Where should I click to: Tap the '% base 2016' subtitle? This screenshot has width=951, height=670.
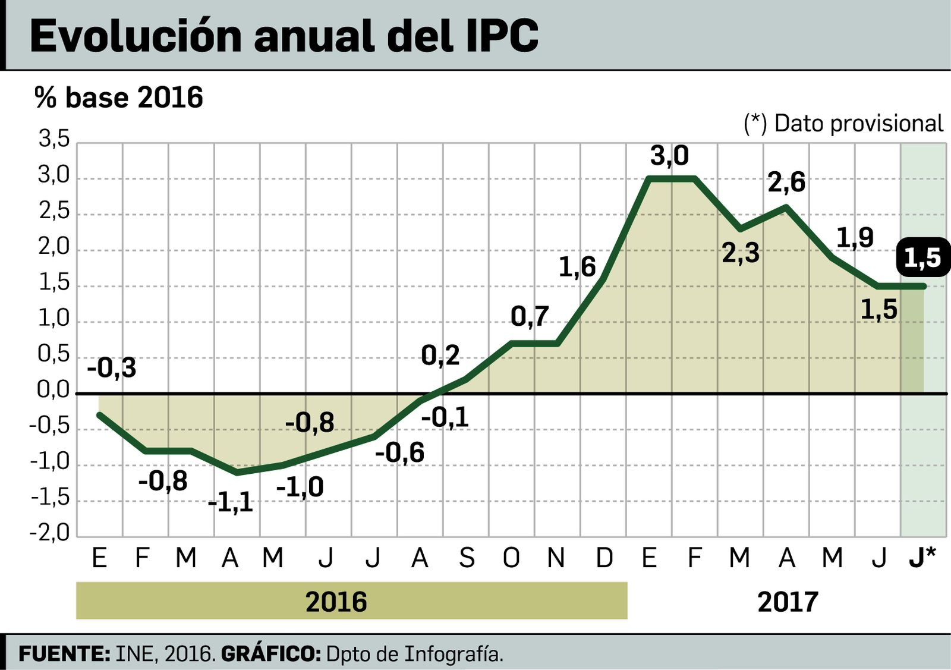tap(119, 97)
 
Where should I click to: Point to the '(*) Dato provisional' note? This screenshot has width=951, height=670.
tap(843, 124)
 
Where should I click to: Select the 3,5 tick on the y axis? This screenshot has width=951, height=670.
tap(54, 139)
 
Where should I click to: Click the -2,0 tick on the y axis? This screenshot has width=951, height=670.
tap(50, 533)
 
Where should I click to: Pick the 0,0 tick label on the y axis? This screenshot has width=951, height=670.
tap(53, 390)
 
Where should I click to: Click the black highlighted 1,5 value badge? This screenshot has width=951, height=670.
tap(922, 258)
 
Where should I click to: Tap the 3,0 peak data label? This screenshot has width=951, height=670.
tap(669, 156)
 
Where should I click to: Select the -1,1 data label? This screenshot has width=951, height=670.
tap(231, 503)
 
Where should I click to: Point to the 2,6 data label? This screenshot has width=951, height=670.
tap(786, 182)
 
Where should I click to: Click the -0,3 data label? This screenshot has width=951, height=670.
tap(112, 368)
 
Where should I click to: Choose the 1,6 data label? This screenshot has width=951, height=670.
tap(577, 267)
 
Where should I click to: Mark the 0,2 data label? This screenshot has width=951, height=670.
tap(440, 356)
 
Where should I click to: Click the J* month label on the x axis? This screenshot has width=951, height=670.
tap(922, 558)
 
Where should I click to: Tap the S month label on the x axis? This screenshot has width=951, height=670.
tap(467, 558)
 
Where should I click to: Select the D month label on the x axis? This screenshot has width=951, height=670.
tap(604, 558)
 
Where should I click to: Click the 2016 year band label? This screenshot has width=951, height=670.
tap(336, 602)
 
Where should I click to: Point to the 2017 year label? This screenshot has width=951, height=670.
tap(788, 602)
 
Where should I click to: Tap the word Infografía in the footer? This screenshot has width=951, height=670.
tap(454, 654)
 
